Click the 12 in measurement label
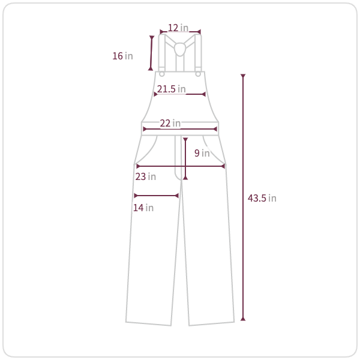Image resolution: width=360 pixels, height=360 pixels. pyautogui.click(x=178, y=28)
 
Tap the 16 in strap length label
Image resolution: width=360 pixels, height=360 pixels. pyautogui.click(x=122, y=56)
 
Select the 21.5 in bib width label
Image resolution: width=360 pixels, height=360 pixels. pyautogui.click(x=171, y=89)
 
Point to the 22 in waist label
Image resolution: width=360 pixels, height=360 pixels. pyautogui.click(x=170, y=123)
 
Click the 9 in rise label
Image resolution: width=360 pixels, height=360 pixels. pyautogui.click(x=202, y=153)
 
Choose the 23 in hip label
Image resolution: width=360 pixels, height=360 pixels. pyautogui.click(x=146, y=177)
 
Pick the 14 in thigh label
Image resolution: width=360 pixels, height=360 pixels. pyautogui.click(x=143, y=208)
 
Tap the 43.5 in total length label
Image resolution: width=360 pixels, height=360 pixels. pyautogui.click(x=262, y=198)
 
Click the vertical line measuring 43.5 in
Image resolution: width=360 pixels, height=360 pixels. pyautogui.click(x=243, y=197)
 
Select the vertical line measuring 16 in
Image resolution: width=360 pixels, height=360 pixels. pyautogui.click(x=151, y=53)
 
